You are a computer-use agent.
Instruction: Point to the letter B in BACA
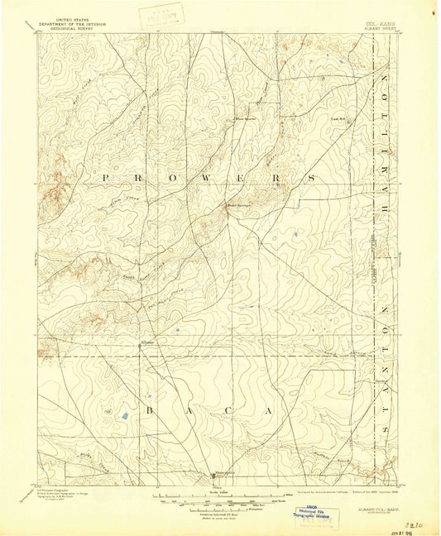(151, 409)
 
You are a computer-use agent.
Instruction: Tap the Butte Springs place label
(238, 207)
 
